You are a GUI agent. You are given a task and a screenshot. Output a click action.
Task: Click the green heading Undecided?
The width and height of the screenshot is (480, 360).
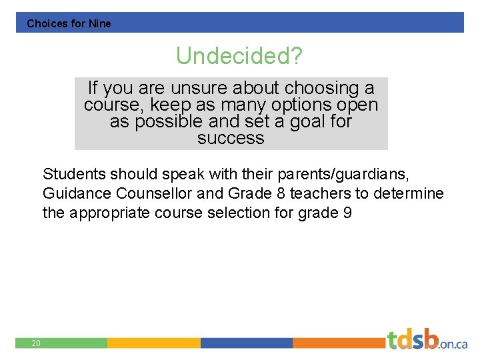tap(239, 57)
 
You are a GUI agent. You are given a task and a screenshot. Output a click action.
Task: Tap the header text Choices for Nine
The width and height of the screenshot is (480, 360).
tap(69, 23)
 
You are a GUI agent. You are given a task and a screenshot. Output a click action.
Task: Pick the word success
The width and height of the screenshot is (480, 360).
tap(231, 139)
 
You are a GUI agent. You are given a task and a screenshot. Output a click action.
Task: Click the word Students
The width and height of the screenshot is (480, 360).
tap(73, 175)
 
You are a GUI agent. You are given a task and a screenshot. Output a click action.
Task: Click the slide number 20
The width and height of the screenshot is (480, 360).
tap(36, 343)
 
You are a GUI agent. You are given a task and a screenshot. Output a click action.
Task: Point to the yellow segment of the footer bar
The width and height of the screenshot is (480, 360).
tap(153, 343)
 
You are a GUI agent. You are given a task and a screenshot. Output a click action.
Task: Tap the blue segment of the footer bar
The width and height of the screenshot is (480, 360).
tap(246, 343)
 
